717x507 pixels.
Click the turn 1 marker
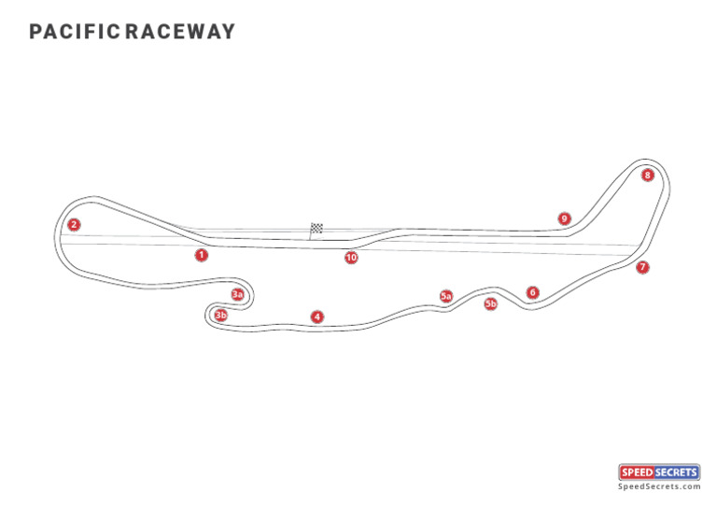click(x=202, y=255)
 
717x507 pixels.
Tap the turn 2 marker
click(x=74, y=224)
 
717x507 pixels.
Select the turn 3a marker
click(x=238, y=295)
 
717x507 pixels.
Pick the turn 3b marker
click(x=220, y=316)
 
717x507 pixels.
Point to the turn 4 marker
click(x=317, y=317)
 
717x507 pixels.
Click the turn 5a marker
click(x=446, y=296)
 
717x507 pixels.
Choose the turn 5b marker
click(x=491, y=303)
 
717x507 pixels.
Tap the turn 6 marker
click(x=532, y=292)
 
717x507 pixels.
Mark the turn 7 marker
click(x=642, y=267)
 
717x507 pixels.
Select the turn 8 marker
click(x=648, y=175)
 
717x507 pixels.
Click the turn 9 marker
click(x=564, y=218)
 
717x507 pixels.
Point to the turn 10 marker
click(x=351, y=258)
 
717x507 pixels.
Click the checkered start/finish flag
click(x=316, y=228)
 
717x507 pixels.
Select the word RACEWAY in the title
click(x=180, y=33)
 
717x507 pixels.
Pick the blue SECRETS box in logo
click(x=679, y=472)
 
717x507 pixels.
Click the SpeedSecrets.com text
click(x=659, y=486)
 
